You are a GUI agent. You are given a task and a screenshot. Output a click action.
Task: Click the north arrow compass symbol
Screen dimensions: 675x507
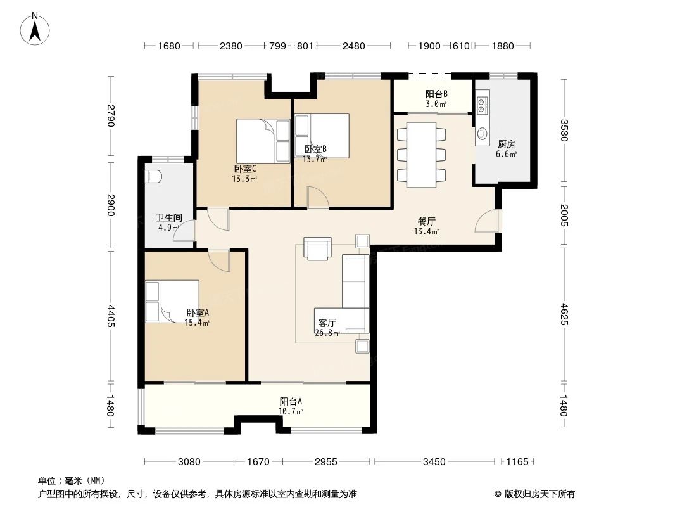35,29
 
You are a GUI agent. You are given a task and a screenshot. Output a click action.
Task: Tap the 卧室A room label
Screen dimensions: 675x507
198,312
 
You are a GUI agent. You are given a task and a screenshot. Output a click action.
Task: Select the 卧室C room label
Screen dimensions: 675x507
245,169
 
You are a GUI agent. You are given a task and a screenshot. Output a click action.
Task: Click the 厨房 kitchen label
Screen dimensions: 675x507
507,144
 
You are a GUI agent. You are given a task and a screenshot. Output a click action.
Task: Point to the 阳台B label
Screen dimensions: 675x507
436,94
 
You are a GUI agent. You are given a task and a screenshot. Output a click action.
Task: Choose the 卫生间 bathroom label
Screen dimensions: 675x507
168,217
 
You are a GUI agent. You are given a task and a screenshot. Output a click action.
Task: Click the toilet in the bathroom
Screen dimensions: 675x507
153,176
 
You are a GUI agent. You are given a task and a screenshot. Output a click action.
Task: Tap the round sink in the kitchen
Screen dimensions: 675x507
482,134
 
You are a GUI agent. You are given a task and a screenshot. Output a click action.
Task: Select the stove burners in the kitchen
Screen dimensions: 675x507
482,105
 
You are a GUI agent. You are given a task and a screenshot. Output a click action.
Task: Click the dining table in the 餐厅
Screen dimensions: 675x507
422,155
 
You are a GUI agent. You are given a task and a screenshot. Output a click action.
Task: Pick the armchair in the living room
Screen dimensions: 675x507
317,248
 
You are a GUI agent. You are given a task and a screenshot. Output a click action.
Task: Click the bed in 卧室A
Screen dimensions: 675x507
172,302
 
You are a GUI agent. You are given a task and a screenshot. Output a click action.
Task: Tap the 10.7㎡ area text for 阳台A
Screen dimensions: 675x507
291,411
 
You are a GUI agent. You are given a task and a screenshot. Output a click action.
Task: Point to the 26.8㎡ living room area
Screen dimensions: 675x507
327,333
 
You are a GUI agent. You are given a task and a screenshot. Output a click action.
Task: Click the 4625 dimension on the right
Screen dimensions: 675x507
564,315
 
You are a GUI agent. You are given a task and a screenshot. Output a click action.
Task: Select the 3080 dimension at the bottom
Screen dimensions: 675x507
189,462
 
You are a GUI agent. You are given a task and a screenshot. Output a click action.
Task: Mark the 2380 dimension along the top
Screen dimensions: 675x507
230,46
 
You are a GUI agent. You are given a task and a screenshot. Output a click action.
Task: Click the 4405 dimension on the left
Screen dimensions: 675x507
111,316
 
